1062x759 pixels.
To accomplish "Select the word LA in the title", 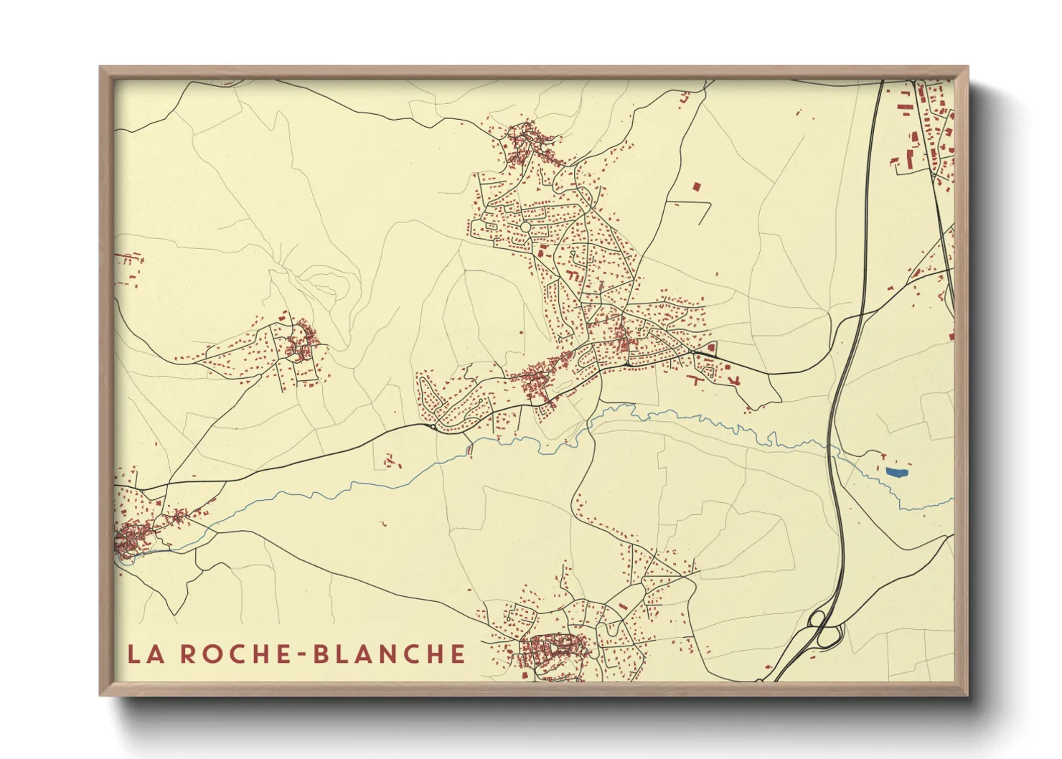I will pyautogui.click(x=144, y=654).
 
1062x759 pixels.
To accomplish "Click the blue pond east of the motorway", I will pyautogui.click(x=896, y=472).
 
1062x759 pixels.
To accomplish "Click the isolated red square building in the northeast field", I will pyautogui.click(x=695, y=187).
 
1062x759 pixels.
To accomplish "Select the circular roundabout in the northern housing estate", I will pyautogui.click(x=525, y=227).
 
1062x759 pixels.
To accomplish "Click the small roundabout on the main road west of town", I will pyautogui.click(x=431, y=425).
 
